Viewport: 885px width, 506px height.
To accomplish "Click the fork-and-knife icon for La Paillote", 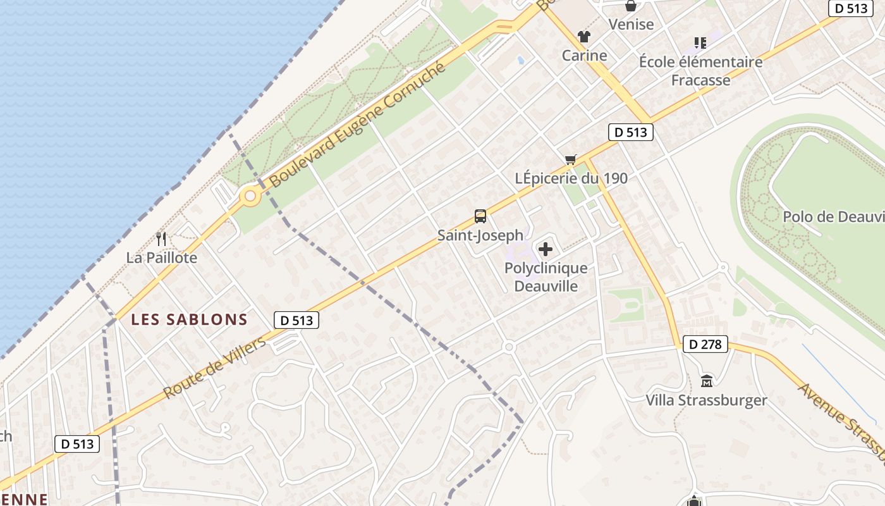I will click(161, 239).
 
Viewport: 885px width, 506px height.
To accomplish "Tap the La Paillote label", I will click(162, 257).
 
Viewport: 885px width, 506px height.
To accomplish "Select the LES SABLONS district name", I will click(189, 319).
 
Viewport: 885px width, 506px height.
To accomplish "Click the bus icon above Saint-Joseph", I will click(480, 216).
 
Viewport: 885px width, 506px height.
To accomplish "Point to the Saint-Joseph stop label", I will click(480, 235).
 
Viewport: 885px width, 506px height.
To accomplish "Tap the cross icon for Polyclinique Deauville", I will click(545, 249).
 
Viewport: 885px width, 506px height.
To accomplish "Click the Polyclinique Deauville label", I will click(546, 277).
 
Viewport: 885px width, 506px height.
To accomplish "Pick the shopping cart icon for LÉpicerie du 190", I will click(571, 160).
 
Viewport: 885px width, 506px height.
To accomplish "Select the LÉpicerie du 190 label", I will click(571, 178).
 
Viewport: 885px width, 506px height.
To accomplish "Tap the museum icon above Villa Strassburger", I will click(706, 381).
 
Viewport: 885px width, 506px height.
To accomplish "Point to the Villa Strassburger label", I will click(706, 400).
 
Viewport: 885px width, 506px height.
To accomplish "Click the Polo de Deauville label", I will click(833, 217).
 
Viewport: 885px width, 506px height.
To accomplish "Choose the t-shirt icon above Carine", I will click(583, 37).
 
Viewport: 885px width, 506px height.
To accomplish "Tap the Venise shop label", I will click(631, 24).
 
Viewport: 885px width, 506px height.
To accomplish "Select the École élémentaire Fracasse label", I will click(700, 71).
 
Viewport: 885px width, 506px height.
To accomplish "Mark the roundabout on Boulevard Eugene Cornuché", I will click(250, 197).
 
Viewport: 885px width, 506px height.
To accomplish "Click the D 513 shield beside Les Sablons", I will click(296, 320).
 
